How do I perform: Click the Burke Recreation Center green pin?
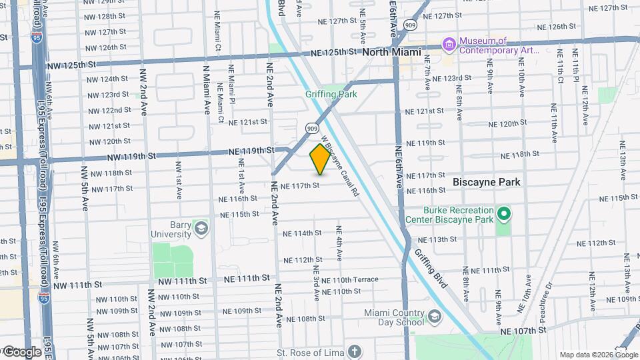point(505,214)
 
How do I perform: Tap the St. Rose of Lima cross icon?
point(355,351)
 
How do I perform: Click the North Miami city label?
point(392,52)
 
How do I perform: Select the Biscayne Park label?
point(486,181)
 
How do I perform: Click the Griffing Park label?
point(331,94)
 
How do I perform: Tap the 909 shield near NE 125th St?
point(410,25)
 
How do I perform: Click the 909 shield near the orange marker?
point(313,127)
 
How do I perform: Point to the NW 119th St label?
point(131,157)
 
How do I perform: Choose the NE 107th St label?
point(523,330)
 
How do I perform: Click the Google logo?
point(22,352)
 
